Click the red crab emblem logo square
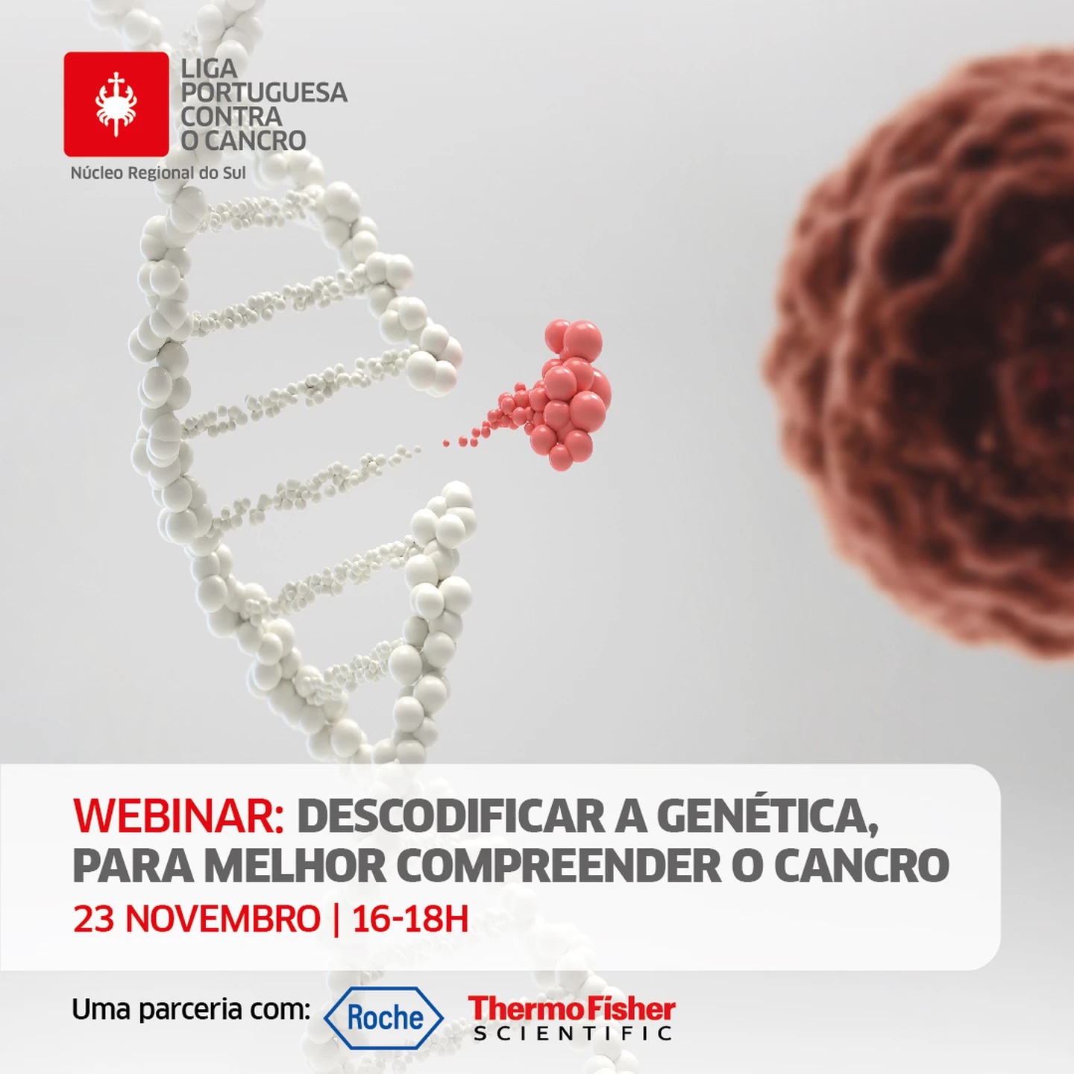116,104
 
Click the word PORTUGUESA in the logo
264,92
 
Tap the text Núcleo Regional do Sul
158,173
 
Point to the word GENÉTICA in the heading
767,815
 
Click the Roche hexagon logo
383,1018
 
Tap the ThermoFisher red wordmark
572,1008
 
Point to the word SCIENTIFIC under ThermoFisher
573,1034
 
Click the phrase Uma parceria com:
191,1009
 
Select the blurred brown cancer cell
920,357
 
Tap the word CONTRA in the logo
231,116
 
